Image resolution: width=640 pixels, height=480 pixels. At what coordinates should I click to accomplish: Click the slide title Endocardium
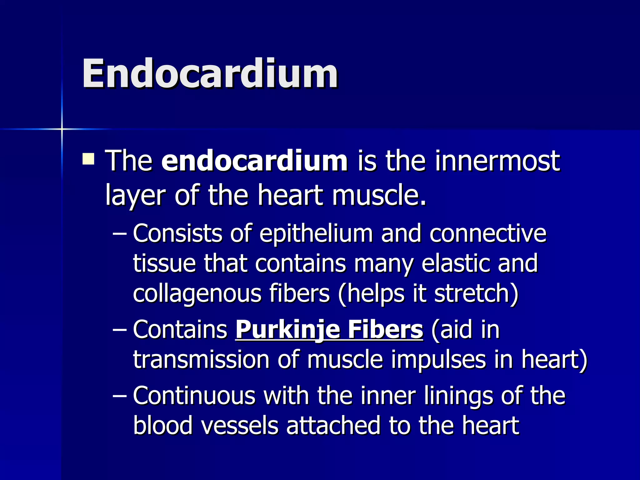coord(210,74)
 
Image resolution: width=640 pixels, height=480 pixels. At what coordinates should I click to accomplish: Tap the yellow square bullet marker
coord(88,158)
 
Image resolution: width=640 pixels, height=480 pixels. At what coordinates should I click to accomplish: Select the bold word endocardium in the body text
coord(254,161)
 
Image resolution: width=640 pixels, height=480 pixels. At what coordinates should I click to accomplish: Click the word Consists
coord(177,233)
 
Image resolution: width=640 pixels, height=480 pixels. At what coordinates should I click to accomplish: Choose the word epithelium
coord(316,233)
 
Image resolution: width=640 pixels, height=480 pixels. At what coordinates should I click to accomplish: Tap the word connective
coord(488,233)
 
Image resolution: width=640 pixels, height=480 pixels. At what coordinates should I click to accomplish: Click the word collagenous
coord(197,294)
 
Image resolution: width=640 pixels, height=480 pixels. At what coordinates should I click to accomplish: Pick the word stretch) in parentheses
coord(476,294)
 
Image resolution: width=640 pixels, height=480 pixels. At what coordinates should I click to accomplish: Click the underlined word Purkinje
coord(287,329)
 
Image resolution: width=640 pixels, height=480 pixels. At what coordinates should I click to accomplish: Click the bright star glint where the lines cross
coord(62,129)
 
